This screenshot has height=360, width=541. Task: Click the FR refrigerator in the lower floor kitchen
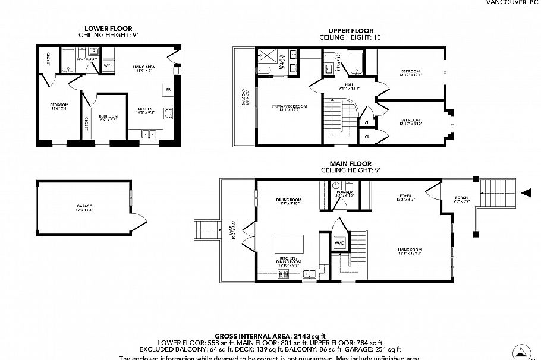(x=169, y=90)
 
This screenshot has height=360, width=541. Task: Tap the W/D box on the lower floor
(x=108, y=65)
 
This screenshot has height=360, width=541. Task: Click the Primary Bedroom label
(x=286, y=108)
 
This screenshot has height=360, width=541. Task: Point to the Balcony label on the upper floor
(x=244, y=97)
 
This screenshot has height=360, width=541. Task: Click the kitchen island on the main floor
(x=289, y=244)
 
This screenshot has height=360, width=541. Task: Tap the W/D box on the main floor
(x=340, y=243)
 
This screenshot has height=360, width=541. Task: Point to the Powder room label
(x=345, y=194)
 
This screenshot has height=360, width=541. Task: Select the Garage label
(x=84, y=207)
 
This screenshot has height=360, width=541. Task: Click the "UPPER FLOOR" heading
(x=351, y=31)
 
